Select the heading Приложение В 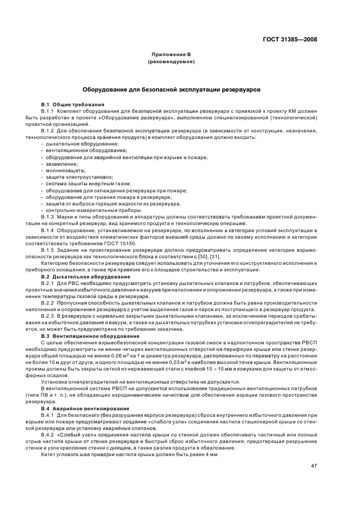172,55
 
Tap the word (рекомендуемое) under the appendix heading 172,62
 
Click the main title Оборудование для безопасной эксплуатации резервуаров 172,88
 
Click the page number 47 314,466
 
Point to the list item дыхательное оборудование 72,143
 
